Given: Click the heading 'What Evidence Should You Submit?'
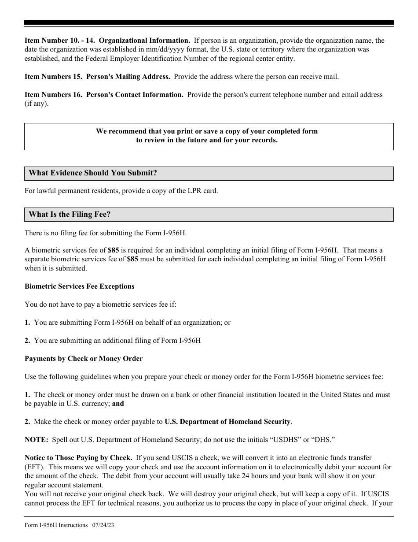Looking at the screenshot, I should (x=93, y=173).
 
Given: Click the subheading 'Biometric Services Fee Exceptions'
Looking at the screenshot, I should (x=80, y=286).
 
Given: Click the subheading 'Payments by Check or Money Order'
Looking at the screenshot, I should (x=84, y=359).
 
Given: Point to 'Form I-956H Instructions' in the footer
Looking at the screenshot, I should (x=56, y=525).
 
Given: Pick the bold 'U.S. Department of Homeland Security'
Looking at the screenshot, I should (x=227, y=422).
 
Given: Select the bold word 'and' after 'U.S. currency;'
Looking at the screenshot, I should (x=118, y=404).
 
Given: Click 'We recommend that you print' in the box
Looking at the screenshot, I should (x=141, y=131).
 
